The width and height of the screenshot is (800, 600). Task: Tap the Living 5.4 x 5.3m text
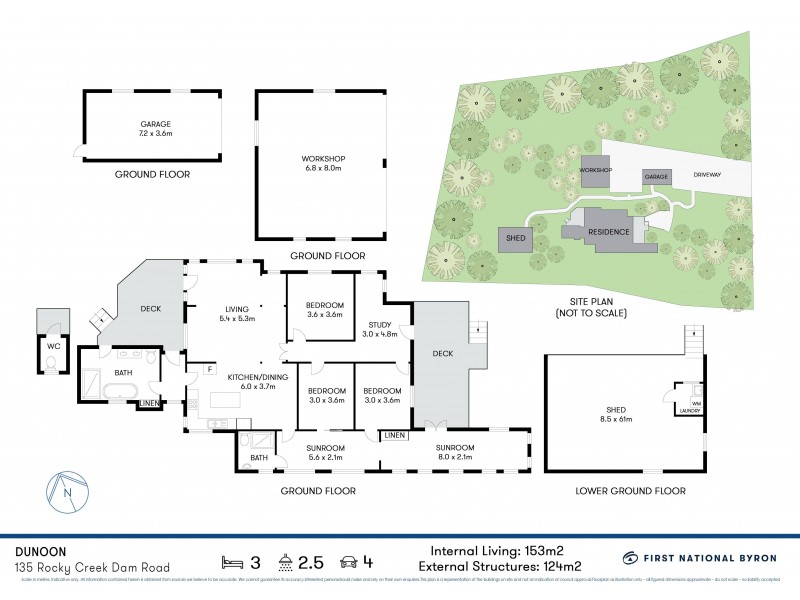click(x=237, y=314)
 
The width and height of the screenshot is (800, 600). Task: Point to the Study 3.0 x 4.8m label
click(x=379, y=329)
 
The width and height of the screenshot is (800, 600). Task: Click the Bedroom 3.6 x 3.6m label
click(x=325, y=309)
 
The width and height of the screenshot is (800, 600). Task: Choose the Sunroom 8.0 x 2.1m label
click(x=454, y=452)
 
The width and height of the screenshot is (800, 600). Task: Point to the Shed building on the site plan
click(x=517, y=239)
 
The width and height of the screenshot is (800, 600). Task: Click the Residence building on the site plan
click(x=606, y=231)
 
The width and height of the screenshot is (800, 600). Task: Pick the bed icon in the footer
click(x=233, y=559)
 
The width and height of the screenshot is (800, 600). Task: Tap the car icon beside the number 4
click(x=349, y=559)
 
